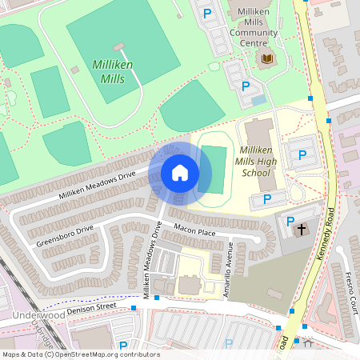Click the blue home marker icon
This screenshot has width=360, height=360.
(x=179, y=173)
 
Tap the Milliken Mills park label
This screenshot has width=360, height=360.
(x=113, y=71)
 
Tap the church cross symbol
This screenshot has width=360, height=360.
(x=302, y=230)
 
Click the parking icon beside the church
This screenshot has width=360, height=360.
(x=290, y=222)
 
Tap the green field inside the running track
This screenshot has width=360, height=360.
(x=214, y=169)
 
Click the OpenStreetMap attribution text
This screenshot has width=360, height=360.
(x=80, y=354)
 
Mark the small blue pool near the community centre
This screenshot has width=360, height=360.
(x=258, y=100)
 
